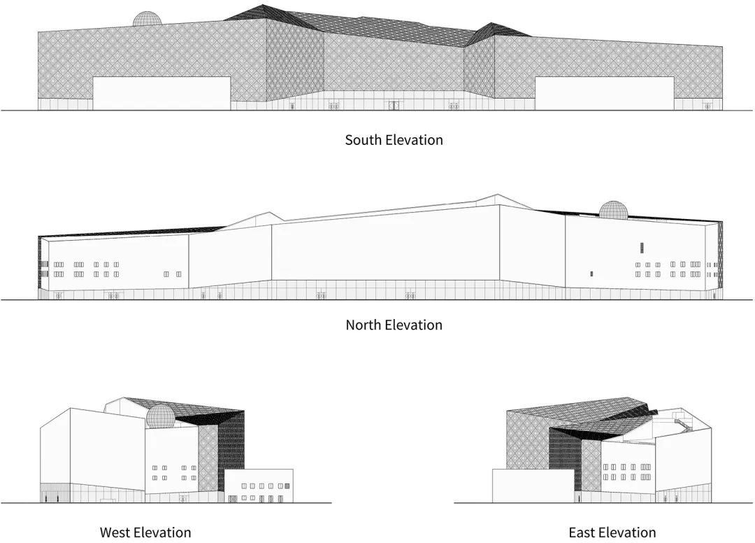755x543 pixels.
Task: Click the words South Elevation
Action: coord(394,140)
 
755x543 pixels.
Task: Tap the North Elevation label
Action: coord(394,325)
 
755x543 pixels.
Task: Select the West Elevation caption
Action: coord(145,533)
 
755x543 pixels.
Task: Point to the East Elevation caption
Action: coord(612,533)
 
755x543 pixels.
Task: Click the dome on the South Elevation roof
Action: coord(148,20)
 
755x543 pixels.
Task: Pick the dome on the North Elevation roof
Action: coord(613,210)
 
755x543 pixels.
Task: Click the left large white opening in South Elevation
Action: coord(161,94)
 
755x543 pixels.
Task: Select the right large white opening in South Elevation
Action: coord(604,94)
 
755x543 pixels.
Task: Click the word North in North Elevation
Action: coord(363,325)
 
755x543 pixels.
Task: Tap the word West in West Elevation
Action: coord(116,533)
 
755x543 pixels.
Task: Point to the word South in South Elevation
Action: coord(363,140)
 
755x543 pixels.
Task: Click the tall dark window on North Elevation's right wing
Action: coord(640,247)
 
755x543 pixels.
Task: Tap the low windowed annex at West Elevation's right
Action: coord(259,485)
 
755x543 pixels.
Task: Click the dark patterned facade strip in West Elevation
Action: coord(231,448)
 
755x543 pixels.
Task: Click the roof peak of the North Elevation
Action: coord(497,196)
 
